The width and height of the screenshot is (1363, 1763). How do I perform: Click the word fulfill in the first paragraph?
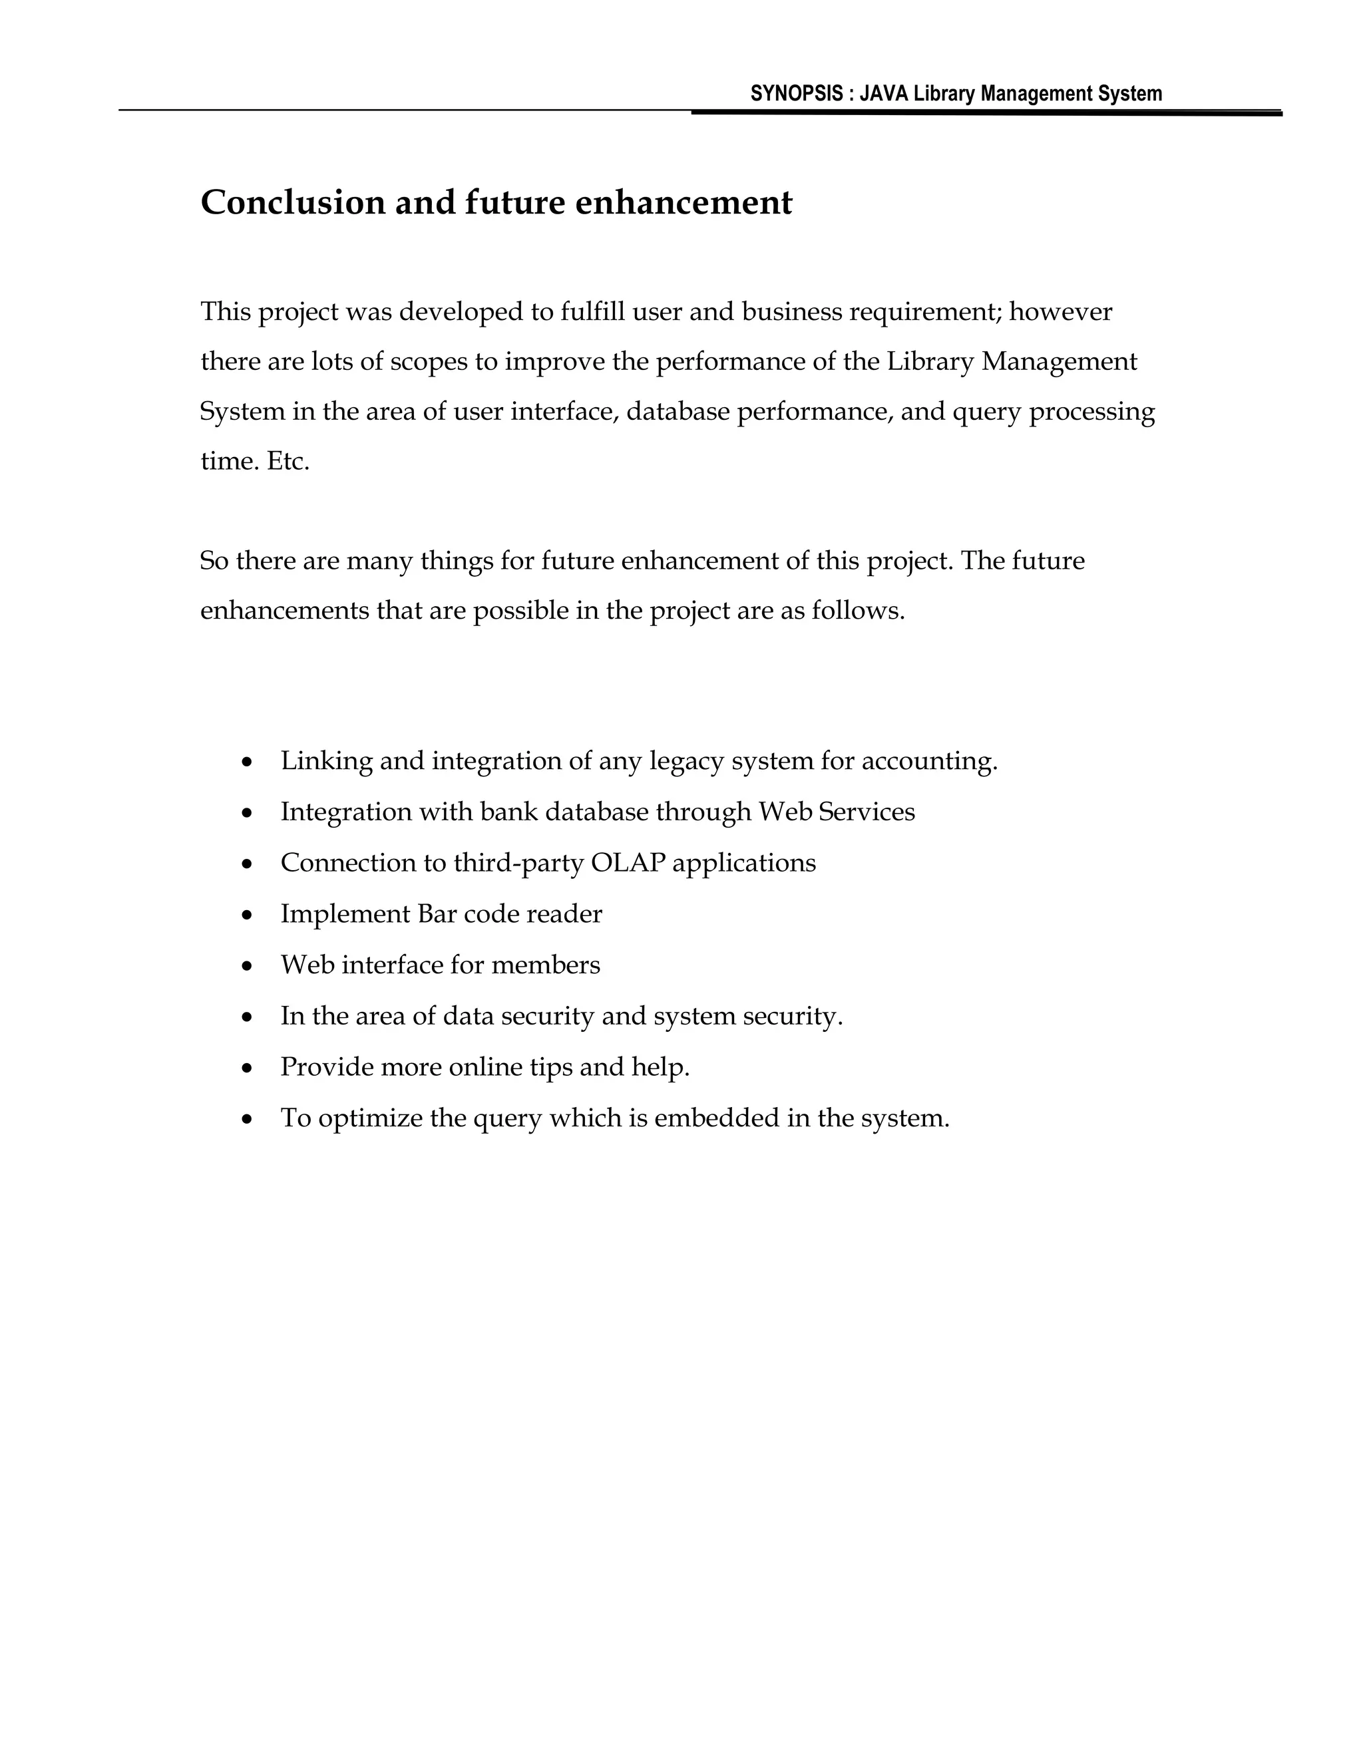593,311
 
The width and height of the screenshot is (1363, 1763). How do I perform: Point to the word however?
1060,311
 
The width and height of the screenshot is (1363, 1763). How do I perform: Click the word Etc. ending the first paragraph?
288,462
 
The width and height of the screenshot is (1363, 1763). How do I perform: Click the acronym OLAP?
628,862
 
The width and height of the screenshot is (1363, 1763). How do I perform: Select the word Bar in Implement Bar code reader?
437,914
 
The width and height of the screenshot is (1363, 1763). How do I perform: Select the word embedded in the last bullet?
716,1118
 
